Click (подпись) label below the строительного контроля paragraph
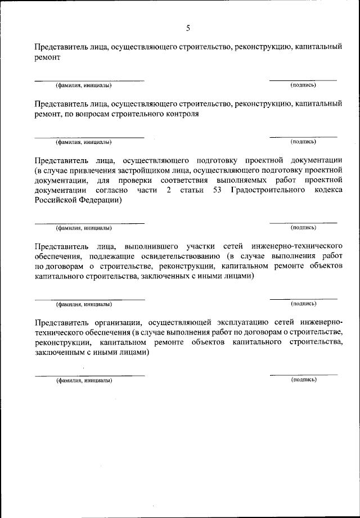pos(303,142)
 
